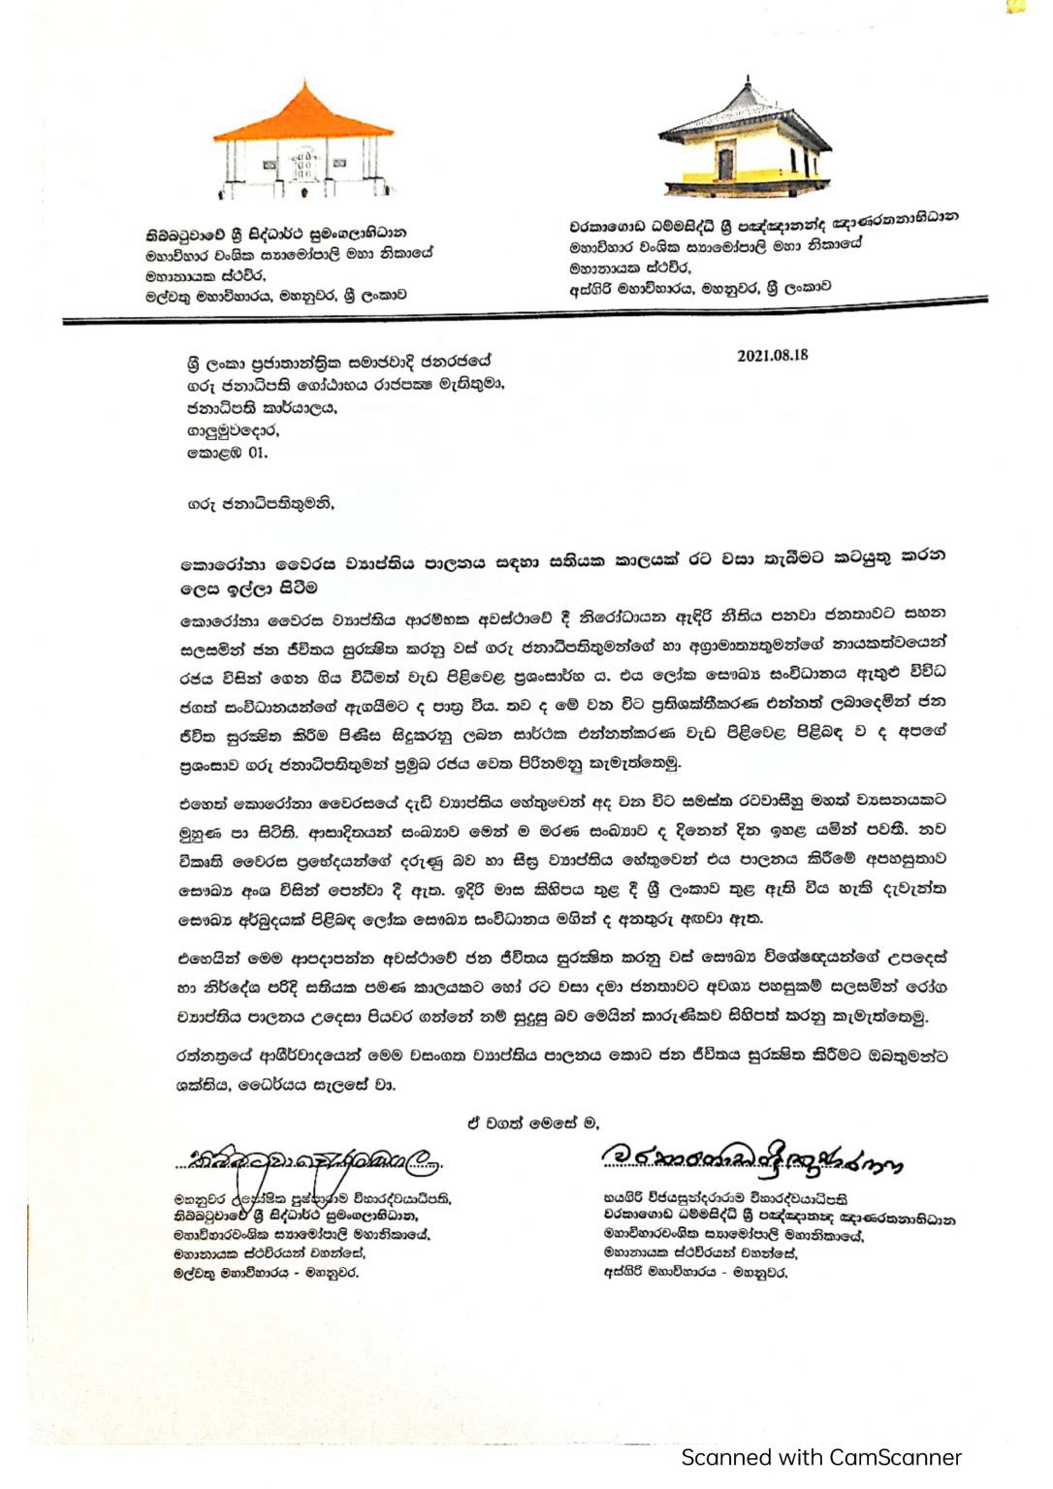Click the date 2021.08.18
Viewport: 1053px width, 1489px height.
point(772,355)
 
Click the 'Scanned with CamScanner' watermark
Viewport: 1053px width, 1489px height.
point(820,1457)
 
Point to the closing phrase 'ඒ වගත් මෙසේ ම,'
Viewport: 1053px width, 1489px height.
point(532,1123)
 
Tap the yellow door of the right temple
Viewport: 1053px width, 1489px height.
point(726,159)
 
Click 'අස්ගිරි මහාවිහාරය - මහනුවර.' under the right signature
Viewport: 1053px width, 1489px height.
point(694,1271)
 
